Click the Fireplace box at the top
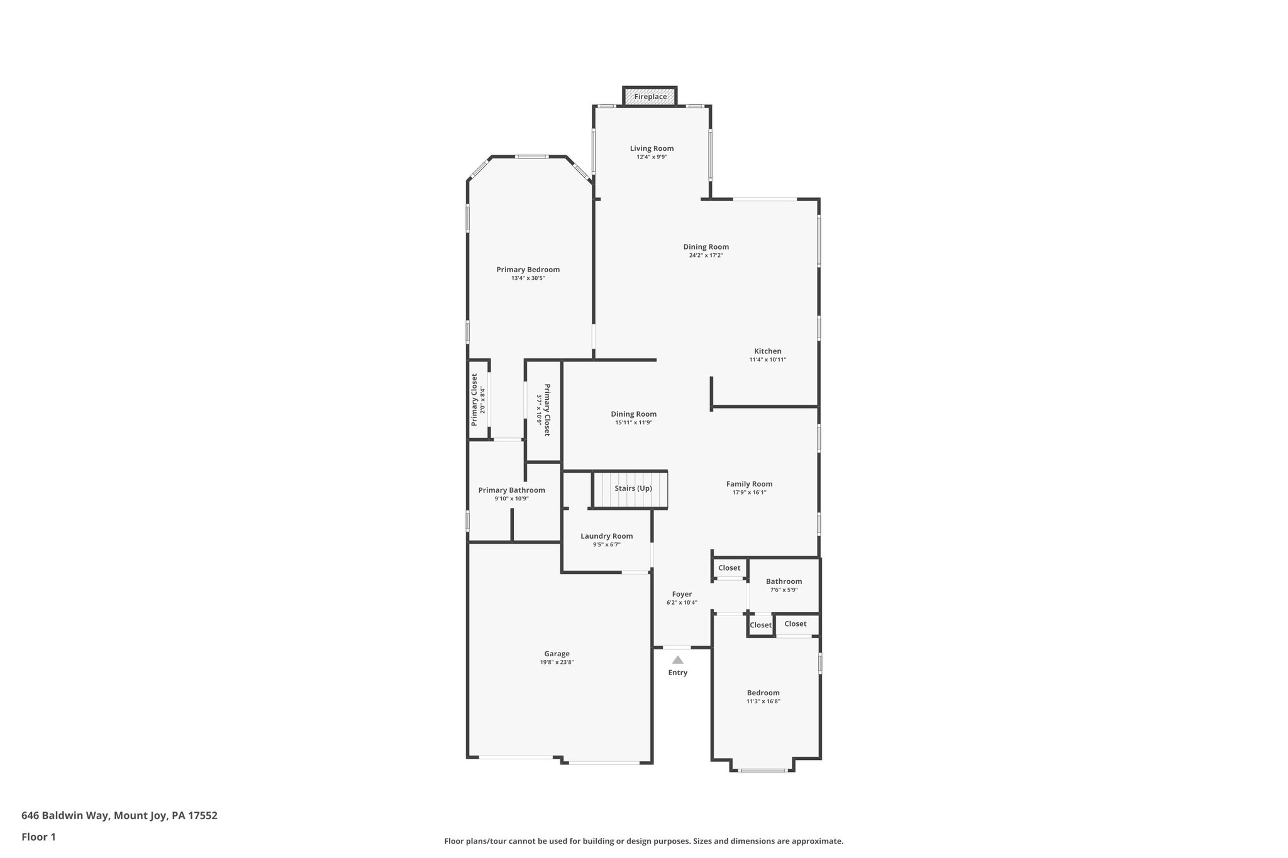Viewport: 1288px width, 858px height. click(x=650, y=97)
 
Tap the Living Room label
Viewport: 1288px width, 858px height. click(x=652, y=148)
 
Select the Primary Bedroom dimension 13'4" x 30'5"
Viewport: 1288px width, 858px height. click(x=528, y=278)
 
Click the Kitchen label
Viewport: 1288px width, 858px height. click(x=767, y=351)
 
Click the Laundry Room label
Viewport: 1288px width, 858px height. click(x=606, y=536)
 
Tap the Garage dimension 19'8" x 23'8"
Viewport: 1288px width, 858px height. click(x=557, y=662)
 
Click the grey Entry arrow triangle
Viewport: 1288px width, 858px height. click(x=677, y=660)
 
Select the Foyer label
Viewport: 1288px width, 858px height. click(x=682, y=594)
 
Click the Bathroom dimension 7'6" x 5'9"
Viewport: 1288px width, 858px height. click(x=784, y=590)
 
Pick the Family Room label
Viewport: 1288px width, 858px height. click(x=749, y=484)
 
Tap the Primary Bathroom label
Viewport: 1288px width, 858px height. click(x=511, y=490)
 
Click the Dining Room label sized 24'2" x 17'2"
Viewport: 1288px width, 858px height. click(x=706, y=247)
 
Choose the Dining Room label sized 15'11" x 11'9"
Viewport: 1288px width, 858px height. click(x=633, y=414)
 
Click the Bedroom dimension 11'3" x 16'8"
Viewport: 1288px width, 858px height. click(x=763, y=701)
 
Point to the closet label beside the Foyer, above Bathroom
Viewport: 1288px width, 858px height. click(x=729, y=568)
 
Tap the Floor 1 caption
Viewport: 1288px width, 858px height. click(x=38, y=837)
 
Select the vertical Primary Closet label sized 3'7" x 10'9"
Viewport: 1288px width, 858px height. click(x=547, y=410)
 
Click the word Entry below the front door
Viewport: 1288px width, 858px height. click(x=677, y=673)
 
